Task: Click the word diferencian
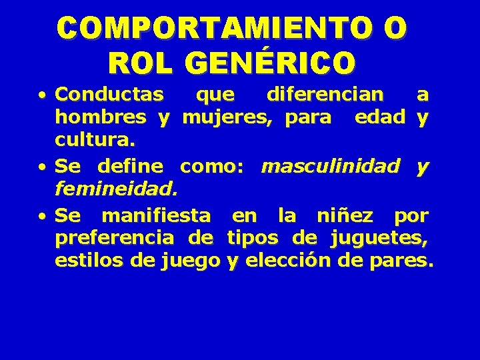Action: (325, 95)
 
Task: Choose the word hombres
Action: (101, 118)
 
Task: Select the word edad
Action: (380, 118)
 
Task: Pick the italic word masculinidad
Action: (331, 166)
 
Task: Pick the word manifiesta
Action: (156, 215)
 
